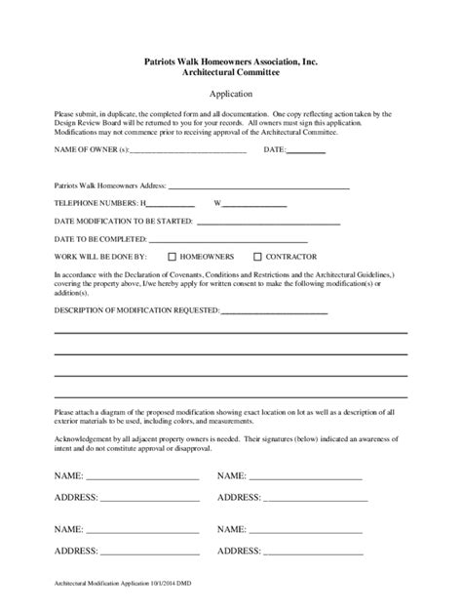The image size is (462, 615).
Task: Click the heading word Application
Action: click(232, 94)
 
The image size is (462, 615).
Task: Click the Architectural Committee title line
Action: click(232, 71)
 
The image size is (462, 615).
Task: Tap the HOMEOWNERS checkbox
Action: click(172, 257)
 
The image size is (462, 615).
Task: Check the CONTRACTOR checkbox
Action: click(257, 257)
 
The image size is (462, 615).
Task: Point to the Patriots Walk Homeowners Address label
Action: click(110, 184)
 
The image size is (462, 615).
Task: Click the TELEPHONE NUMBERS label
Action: click(97, 203)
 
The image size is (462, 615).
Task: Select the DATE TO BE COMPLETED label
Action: click(100, 239)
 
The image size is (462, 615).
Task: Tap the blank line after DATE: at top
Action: click(306, 152)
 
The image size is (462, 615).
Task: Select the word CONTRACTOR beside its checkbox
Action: click(295, 257)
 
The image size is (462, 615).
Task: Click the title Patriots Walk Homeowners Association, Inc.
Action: click(232, 61)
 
